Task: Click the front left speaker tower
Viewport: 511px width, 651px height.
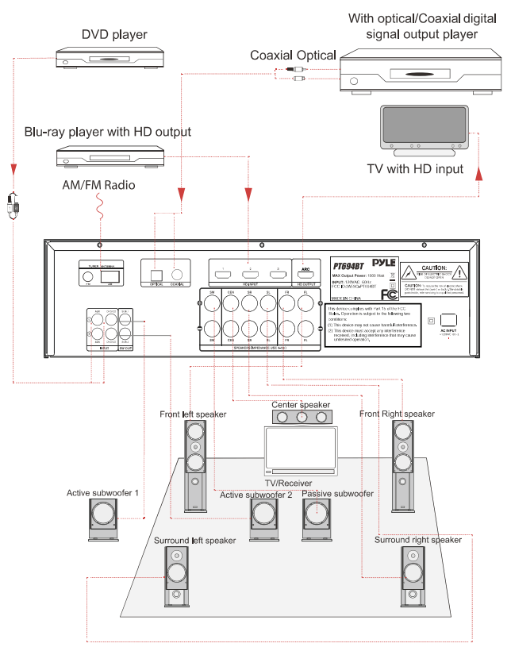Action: [x=195, y=464]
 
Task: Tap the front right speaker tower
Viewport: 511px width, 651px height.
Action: [x=402, y=464]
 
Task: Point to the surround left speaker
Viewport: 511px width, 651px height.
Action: [x=177, y=586]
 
